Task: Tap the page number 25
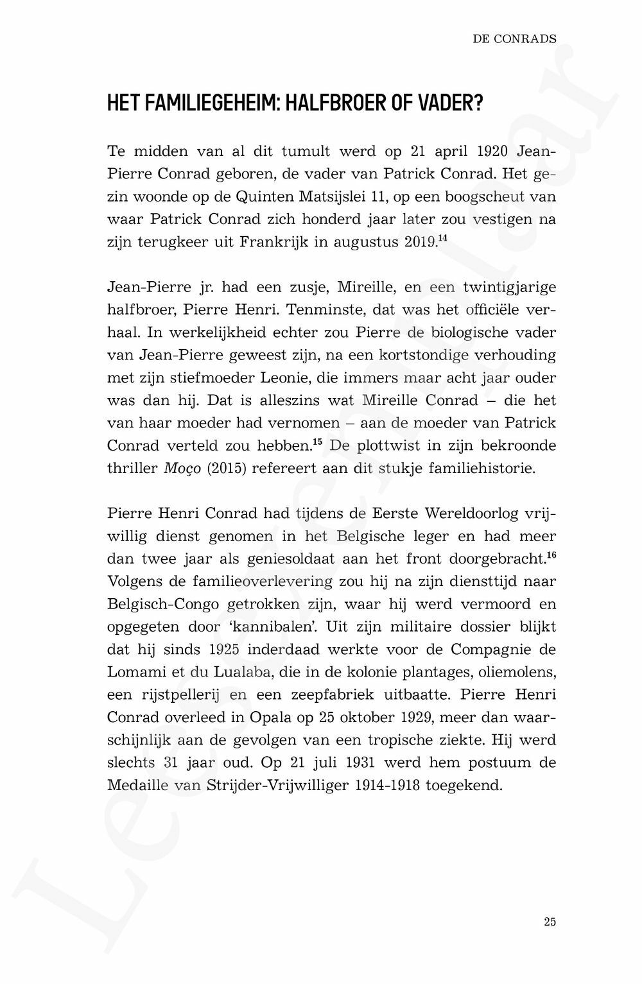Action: (x=550, y=922)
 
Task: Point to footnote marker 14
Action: (x=442, y=239)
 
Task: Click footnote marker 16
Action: (x=551, y=555)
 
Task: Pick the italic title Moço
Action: (x=178, y=469)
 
